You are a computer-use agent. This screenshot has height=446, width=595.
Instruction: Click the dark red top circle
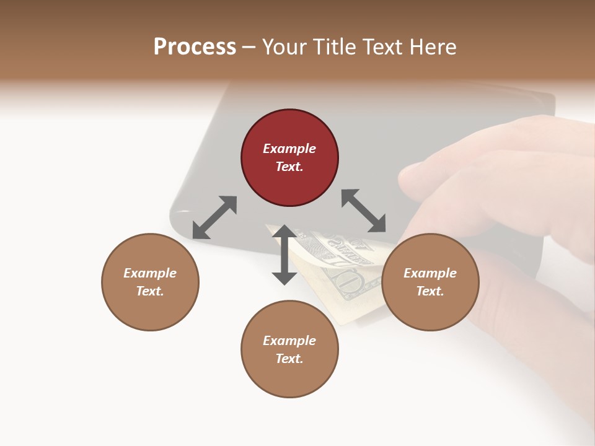coord(289,157)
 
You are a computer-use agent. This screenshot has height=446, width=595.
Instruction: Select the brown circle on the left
coord(150,282)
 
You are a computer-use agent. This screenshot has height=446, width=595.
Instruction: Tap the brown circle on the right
coord(430,282)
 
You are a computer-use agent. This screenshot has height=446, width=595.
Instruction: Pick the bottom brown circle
coord(289,349)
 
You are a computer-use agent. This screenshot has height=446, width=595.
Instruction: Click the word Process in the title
coord(195,47)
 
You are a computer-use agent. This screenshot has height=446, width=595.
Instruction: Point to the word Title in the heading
coord(335,47)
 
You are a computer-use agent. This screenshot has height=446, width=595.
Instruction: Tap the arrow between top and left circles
coord(214,217)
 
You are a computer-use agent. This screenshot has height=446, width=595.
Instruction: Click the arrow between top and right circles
coord(364,211)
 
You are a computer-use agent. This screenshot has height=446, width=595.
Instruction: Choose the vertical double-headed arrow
coord(284,255)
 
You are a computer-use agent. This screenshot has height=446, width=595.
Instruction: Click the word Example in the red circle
coord(289,149)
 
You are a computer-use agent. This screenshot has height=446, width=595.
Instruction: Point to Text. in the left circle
coord(150,291)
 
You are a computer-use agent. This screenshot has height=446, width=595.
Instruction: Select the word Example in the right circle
coord(430,273)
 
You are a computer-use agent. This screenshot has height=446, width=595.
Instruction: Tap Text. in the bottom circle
coord(289,359)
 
